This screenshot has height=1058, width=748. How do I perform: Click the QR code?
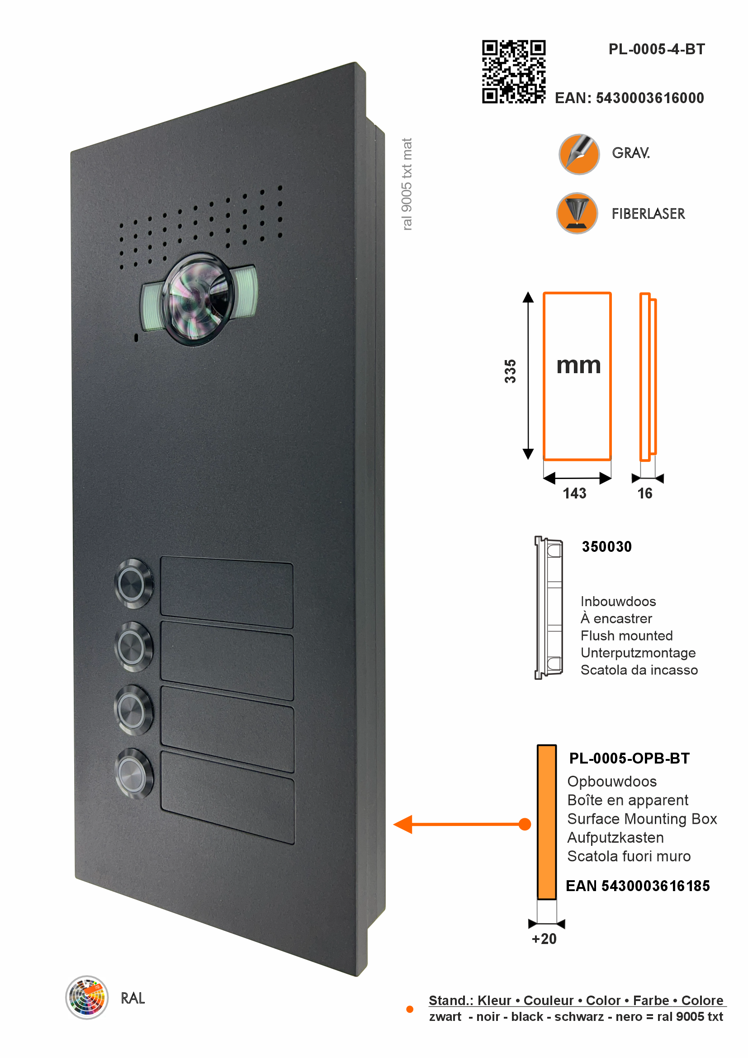(x=514, y=71)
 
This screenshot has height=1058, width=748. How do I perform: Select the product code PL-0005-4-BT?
(x=656, y=49)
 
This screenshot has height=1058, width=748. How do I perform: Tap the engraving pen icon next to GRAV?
(x=579, y=154)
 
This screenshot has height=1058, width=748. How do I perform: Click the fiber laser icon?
(x=577, y=213)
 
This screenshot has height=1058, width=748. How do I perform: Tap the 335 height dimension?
(x=510, y=371)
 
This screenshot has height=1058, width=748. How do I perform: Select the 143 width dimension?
(x=574, y=493)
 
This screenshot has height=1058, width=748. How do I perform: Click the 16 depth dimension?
(x=644, y=493)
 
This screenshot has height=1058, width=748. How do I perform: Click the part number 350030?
(x=606, y=546)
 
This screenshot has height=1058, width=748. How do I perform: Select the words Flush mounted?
(x=626, y=636)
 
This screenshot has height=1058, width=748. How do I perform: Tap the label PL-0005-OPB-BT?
(x=629, y=759)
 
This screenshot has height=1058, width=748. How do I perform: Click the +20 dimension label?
(x=544, y=939)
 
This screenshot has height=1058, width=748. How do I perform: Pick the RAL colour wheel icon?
(x=86, y=998)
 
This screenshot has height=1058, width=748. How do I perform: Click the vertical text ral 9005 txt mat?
(x=407, y=184)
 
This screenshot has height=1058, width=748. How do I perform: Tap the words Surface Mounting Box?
(x=642, y=819)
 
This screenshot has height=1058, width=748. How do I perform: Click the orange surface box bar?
(x=547, y=821)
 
